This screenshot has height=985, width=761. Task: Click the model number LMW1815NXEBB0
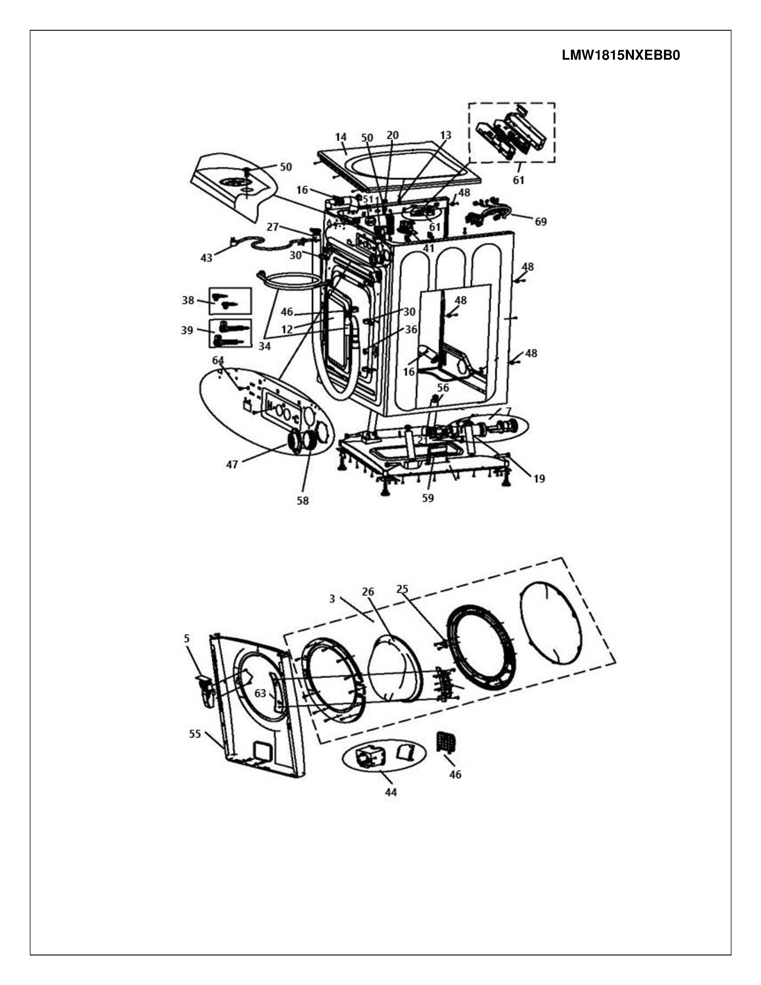(x=621, y=56)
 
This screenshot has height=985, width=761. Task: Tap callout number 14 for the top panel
(x=341, y=137)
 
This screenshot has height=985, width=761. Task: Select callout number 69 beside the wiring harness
(x=540, y=221)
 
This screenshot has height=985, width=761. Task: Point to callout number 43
(x=207, y=258)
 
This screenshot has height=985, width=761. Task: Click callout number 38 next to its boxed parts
(x=188, y=300)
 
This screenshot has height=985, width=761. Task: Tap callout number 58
(x=303, y=501)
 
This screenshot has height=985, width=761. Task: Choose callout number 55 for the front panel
(x=195, y=734)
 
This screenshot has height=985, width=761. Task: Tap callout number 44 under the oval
(x=391, y=792)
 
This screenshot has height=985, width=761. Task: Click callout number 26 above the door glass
(x=368, y=592)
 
